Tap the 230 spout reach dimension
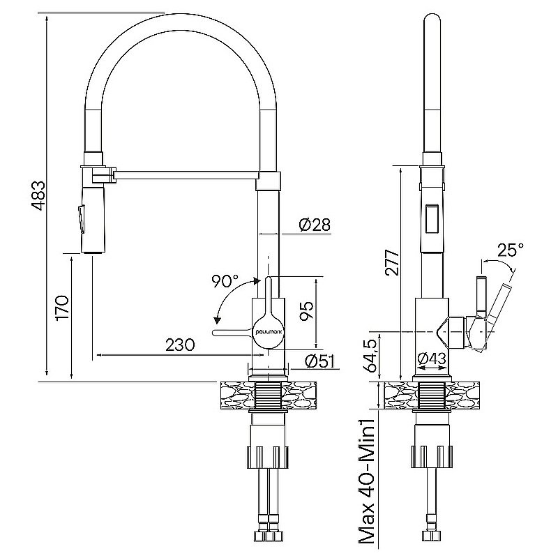179,345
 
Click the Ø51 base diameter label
320,361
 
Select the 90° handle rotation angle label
225,282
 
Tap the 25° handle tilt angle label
510,250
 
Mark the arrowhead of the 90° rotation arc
217,321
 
